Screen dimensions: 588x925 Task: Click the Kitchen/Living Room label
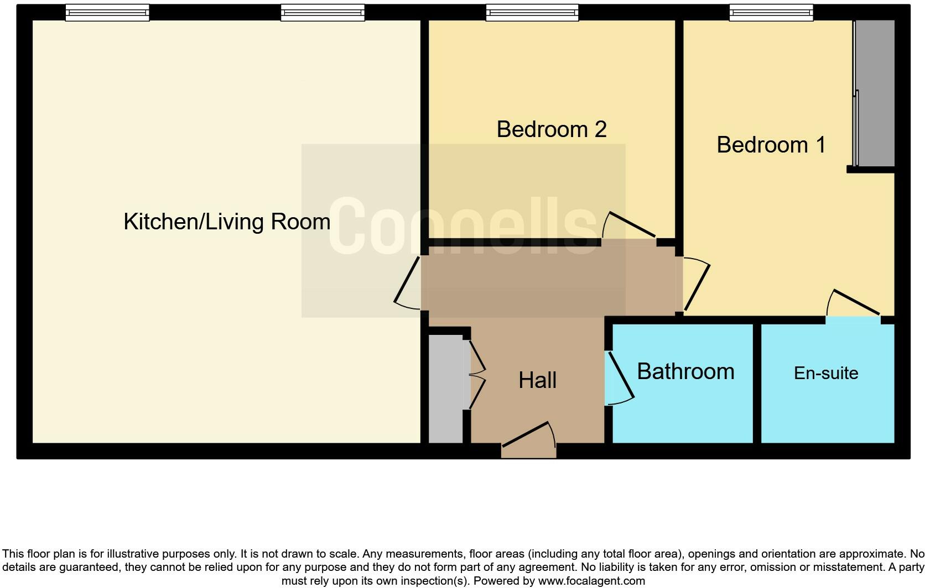pyautogui.click(x=227, y=222)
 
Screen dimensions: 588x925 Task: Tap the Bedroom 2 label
pyautogui.click(x=551, y=129)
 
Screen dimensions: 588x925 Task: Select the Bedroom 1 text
pyautogui.click(x=771, y=145)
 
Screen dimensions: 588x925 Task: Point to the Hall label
pyautogui.click(x=537, y=380)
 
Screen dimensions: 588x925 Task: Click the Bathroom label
pyautogui.click(x=685, y=371)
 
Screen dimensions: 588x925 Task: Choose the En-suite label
pyautogui.click(x=826, y=373)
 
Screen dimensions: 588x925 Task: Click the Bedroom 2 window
pyautogui.click(x=532, y=13)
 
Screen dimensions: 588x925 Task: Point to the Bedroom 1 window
pyautogui.click(x=771, y=13)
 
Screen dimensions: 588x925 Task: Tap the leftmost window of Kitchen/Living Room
pyautogui.click(x=107, y=13)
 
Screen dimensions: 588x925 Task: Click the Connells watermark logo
pyautogui.click(x=462, y=227)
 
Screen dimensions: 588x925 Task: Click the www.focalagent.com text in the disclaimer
pyautogui.click(x=591, y=581)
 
